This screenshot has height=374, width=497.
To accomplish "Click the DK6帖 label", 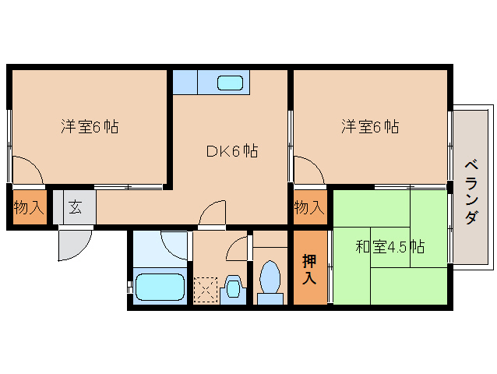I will pyautogui.click(x=231, y=152).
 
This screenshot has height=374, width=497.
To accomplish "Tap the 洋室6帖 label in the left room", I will pyautogui.click(x=90, y=126).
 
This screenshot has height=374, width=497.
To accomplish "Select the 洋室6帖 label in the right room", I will pyautogui.click(x=370, y=126).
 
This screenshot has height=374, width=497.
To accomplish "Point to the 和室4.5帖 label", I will pyautogui.click(x=389, y=248).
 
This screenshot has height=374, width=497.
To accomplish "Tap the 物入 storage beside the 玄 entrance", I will pyautogui.click(x=29, y=208).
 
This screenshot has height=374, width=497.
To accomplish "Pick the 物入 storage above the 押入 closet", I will pyautogui.click(x=309, y=207).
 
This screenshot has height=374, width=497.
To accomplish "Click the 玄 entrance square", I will pyautogui.click(x=76, y=208).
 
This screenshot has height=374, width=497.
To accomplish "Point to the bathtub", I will pyautogui.click(x=160, y=287).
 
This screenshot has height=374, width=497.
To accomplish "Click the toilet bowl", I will pyautogui.click(x=270, y=279).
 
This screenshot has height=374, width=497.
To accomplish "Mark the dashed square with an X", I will pyautogui.click(x=206, y=290).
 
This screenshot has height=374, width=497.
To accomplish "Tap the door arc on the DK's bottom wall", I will pyautogui.click(x=211, y=215).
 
